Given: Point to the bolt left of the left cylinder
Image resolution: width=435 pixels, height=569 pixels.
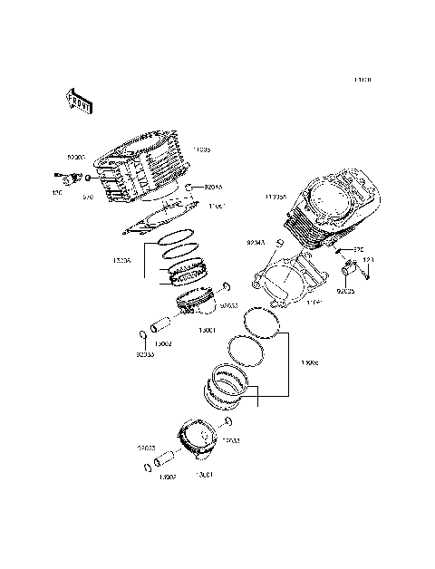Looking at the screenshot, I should [66, 177].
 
